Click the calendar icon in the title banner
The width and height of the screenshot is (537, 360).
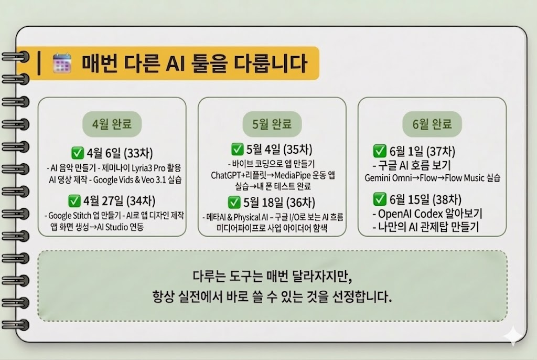[x=62, y=63]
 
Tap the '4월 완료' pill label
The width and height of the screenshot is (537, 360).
[x=112, y=124]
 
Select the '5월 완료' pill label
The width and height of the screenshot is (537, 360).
[x=272, y=124]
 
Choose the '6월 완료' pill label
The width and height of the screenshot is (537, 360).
[x=432, y=124]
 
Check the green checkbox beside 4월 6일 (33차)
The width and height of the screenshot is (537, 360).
[x=78, y=153]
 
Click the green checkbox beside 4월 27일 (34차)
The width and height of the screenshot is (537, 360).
[x=74, y=201]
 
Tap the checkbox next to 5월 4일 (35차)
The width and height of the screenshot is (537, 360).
[x=238, y=149]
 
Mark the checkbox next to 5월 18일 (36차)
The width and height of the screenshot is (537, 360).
[x=234, y=202]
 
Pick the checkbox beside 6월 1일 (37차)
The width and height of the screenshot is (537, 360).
[x=380, y=151]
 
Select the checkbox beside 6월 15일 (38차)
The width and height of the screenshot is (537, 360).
[x=380, y=199]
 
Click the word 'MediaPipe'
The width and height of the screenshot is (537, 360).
[x=293, y=176]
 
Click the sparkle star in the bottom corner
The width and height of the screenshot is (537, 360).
[x=513, y=336]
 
